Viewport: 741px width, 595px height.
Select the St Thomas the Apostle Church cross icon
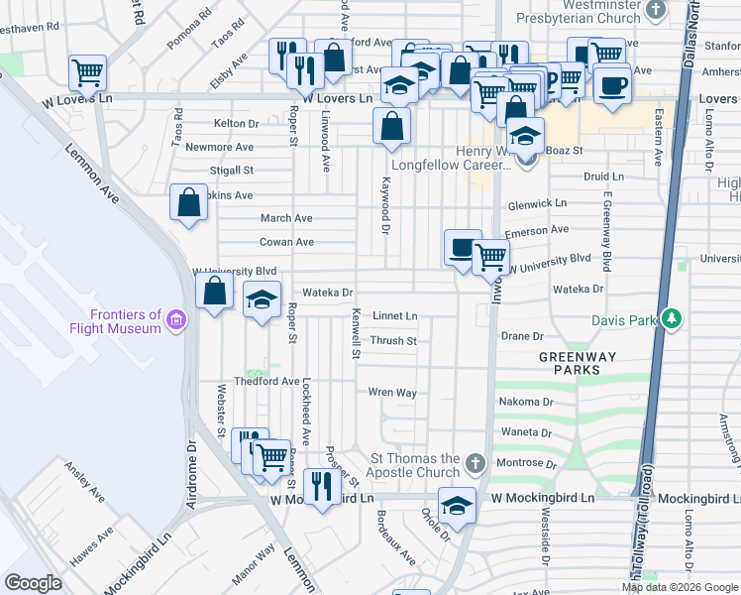(x=476, y=463)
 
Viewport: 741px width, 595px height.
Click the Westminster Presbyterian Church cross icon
(x=655, y=10)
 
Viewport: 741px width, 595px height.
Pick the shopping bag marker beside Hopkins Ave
(x=188, y=203)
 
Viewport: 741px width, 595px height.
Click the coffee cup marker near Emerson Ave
(x=462, y=247)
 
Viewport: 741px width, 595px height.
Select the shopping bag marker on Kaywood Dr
(x=392, y=125)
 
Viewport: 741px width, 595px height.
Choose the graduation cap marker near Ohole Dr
(x=457, y=505)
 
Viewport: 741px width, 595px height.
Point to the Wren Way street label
(x=392, y=393)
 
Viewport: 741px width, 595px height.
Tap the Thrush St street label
(x=393, y=341)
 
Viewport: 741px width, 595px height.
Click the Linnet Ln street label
(x=394, y=316)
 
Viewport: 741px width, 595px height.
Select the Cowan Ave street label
(x=286, y=242)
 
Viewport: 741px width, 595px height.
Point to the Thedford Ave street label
(x=266, y=381)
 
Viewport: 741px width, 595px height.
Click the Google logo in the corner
(x=33, y=583)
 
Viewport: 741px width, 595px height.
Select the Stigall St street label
(x=233, y=171)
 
